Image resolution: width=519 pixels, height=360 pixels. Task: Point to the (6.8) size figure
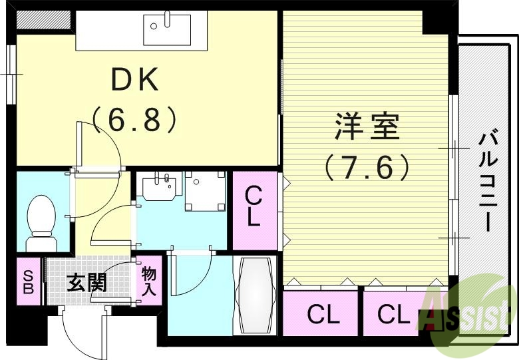point(134,120)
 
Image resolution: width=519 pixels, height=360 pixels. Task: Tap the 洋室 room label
point(367,128)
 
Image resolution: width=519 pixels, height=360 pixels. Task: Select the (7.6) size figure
point(367,166)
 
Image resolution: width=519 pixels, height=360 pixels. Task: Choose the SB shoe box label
point(28,281)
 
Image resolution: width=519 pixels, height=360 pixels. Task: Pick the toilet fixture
point(41,220)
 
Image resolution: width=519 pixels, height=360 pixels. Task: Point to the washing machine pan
point(204,190)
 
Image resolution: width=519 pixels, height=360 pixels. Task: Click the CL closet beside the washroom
point(254,208)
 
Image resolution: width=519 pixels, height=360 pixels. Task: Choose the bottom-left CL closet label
point(323,314)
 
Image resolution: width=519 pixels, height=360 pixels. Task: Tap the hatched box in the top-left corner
point(43,19)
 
